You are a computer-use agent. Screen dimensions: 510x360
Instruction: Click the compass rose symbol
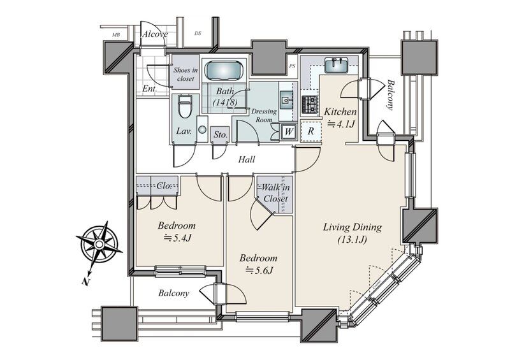coord(99,244)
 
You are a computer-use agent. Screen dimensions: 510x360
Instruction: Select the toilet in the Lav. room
coord(185,106)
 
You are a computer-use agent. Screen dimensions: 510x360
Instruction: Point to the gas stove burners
coord(310,104)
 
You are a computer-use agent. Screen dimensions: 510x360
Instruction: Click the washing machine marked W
coord(289,132)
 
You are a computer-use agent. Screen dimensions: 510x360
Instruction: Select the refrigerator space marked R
coord(310,131)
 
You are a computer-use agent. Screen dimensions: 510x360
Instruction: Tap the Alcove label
coord(155,34)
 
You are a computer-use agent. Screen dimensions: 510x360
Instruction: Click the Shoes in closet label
coord(186,74)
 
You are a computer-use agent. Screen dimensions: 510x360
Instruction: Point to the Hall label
coord(247,159)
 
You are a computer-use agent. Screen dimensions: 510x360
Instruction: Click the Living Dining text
coord(353,227)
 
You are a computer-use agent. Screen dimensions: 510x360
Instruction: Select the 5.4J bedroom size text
coord(177,238)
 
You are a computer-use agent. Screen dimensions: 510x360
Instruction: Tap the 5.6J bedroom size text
coord(259,270)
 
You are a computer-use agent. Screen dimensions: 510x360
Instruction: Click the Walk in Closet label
coord(275,193)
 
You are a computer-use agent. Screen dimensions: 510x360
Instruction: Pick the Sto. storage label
coord(221,134)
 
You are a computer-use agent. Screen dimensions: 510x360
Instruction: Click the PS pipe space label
coord(292,66)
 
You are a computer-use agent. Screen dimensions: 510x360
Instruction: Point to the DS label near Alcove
coord(198,33)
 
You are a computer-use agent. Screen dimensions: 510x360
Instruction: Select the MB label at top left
coord(115,35)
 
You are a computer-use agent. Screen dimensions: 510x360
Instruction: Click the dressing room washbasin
coord(286,100)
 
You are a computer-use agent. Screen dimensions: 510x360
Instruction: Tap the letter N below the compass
coord(85,281)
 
